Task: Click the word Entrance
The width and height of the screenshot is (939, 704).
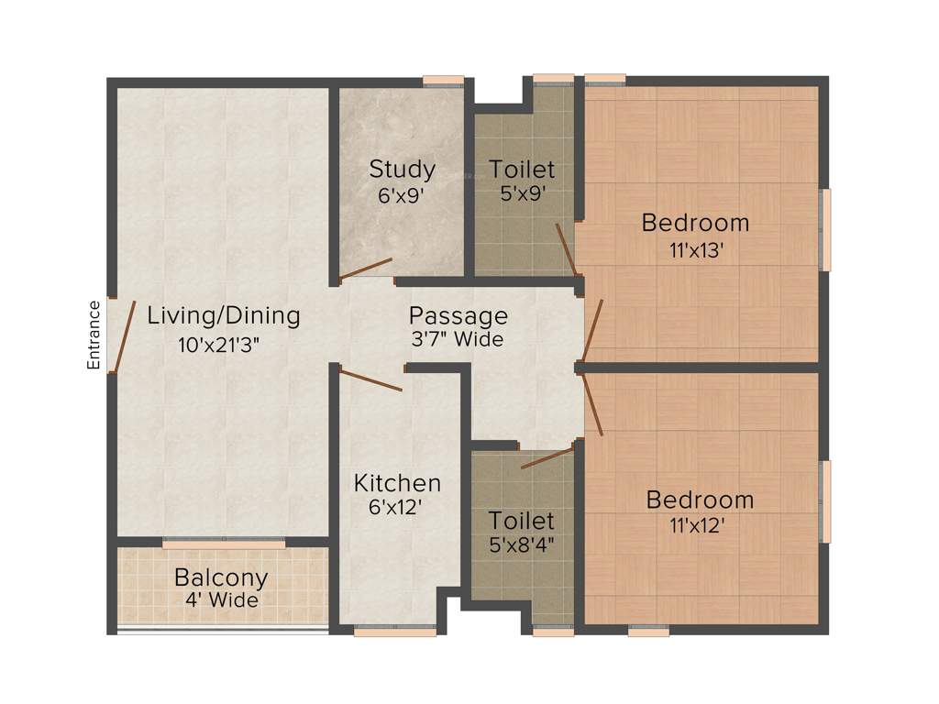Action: tap(93, 335)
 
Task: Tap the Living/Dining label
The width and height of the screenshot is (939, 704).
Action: tap(224, 316)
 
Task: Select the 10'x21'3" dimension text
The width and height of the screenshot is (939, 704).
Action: tap(224, 345)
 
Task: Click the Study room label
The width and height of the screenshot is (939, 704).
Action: tap(402, 170)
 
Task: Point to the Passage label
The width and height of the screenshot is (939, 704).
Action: tap(458, 316)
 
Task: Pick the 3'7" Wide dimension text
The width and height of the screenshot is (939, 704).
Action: tap(458, 340)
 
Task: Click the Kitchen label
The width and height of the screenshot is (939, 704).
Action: tap(398, 483)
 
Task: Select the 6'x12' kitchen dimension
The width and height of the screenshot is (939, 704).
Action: tap(395, 507)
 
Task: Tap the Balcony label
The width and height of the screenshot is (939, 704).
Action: tap(221, 578)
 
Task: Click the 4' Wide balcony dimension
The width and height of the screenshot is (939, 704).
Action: tap(221, 601)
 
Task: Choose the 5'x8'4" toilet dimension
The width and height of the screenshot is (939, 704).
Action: tap(521, 544)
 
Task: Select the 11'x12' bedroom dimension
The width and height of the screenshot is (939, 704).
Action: tap(700, 526)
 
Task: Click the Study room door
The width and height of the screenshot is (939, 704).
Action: tap(365, 269)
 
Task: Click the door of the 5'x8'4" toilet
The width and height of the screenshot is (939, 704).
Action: tap(547, 457)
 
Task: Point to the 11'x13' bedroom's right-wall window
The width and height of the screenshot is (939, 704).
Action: tap(825, 230)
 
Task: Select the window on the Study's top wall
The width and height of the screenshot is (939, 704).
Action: tap(443, 81)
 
